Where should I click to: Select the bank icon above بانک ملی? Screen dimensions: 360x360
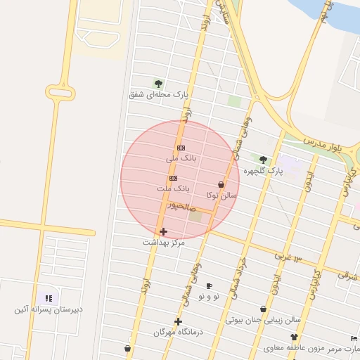coord(181,148)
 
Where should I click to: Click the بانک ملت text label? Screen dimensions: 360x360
coord(174,189)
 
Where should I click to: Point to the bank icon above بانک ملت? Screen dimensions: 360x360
coord(173,179)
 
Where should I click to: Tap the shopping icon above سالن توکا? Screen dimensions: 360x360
coord(221,185)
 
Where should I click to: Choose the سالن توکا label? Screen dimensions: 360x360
coord(222,195)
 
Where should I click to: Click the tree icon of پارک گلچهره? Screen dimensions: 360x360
coord(264,160)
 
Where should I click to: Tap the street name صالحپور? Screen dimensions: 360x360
coord(181,207)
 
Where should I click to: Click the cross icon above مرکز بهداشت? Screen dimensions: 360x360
coord(163,231)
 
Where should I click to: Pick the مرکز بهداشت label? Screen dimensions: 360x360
coord(163,242)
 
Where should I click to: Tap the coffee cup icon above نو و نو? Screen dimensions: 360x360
coord(209,286)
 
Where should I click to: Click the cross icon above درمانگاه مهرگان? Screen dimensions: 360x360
coord(179,321)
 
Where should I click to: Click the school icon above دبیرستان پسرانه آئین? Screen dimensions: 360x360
coord(49,298)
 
